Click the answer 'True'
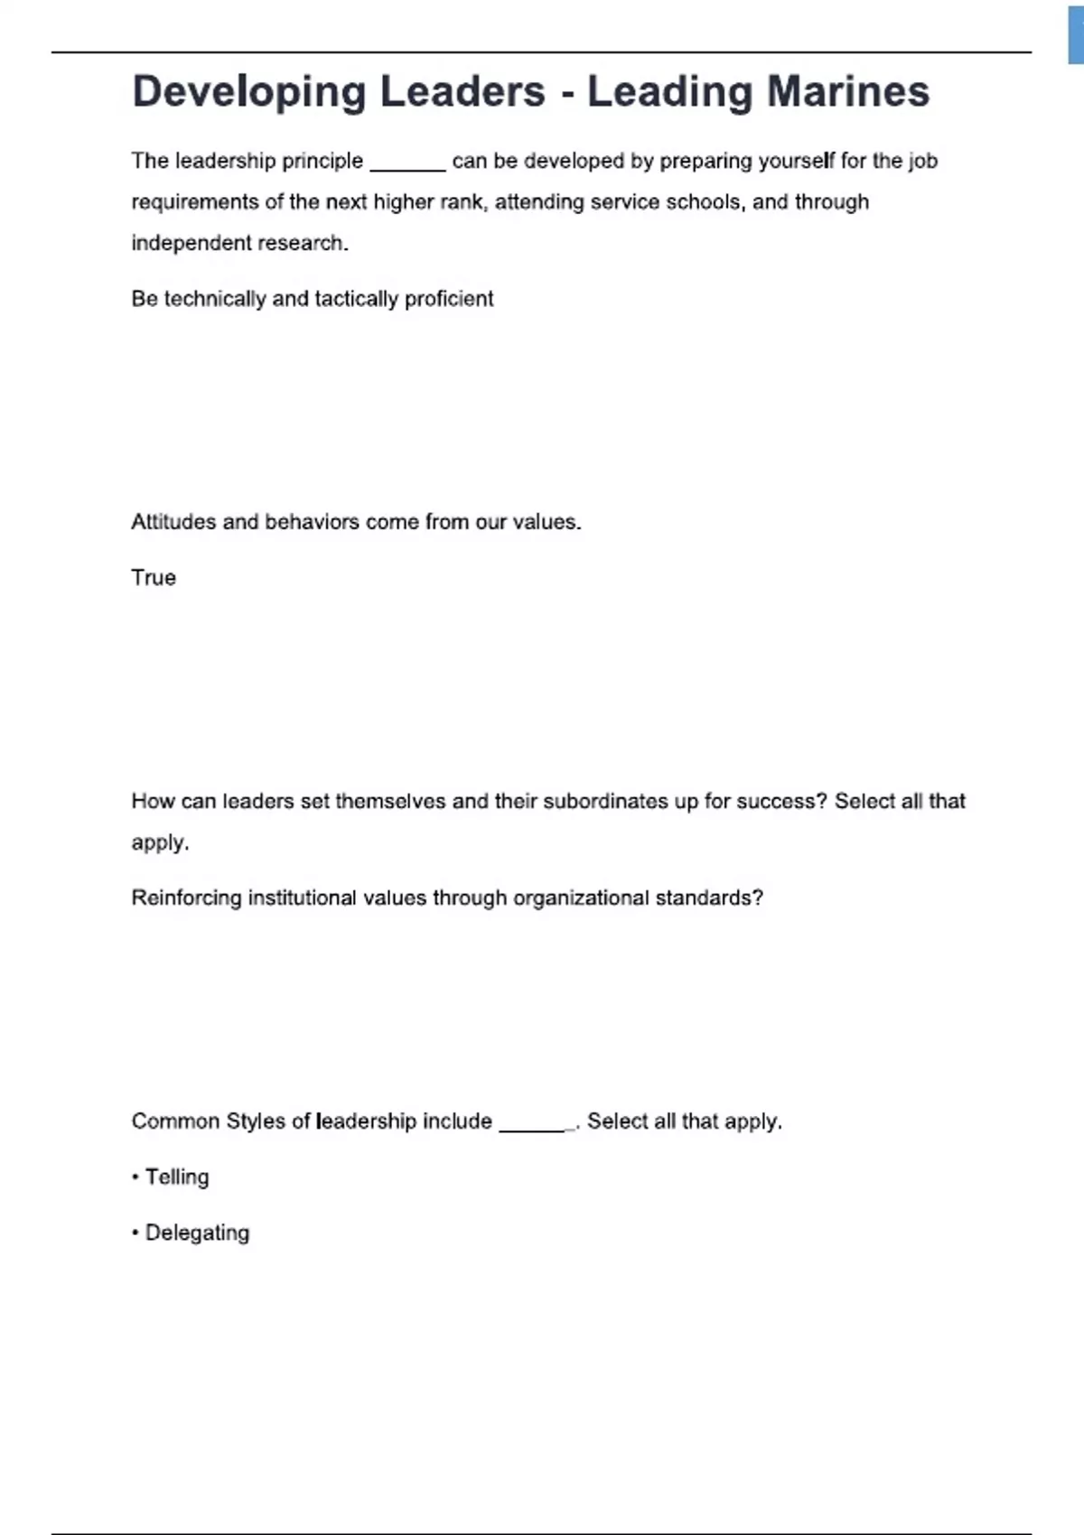154,578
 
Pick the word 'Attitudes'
173,522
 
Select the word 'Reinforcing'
186,898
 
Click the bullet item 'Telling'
176,1177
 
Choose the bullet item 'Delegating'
197,1233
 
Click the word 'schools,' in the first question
705,202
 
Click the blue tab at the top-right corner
1076,32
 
